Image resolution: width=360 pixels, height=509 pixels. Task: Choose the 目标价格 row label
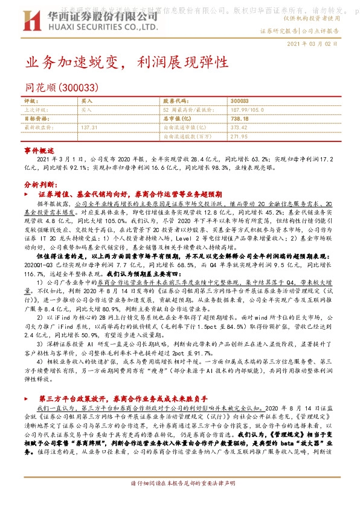click(35, 119)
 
